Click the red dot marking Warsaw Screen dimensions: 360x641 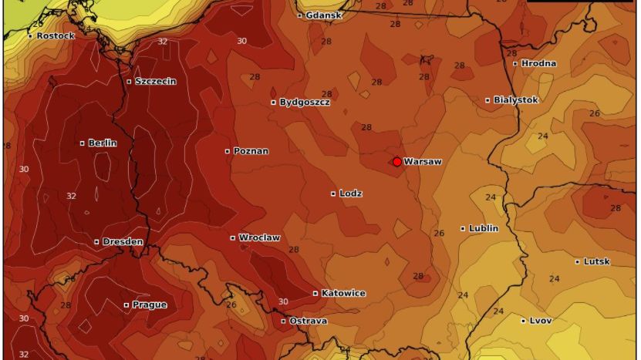pyautogui.click(x=396, y=162)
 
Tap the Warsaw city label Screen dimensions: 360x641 pyautogui.click(x=423, y=162)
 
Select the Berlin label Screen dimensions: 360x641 pyautogui.click(x=102, y=143)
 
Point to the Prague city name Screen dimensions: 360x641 pyautogui.click(x=149, y=304)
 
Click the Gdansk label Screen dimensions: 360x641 pyautogui.click(x=323, y=15)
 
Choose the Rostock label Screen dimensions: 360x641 pyautogui.click(x=56, y=35)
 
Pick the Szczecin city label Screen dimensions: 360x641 pyautogui.click(x=155, y=81)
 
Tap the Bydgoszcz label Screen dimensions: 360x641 pyautogui.click(x=304, y=102)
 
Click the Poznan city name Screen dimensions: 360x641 pyautogui.click(x=251, y=151)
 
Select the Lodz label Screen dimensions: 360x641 pyautogui.click(x=351, y=193)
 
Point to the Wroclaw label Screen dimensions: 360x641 pyautogui.click(x=259, y=237)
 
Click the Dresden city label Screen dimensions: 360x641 pyautogui.click(x=123, y=241)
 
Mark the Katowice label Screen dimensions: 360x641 pyautogui.click(x=343, y=293)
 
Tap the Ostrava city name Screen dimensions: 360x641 pyautogui.click(x=308, y=321)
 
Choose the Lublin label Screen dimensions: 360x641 pyautogui.click(x=484, y=228)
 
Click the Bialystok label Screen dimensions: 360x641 pyautogui.click(x=515, y=99)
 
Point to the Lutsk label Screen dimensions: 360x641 pyautogui.click(x=596, y=261)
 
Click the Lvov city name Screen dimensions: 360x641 pyautogui.click(x=540, y=321)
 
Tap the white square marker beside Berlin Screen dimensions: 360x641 pyautogui.click(x=83, y=143)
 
